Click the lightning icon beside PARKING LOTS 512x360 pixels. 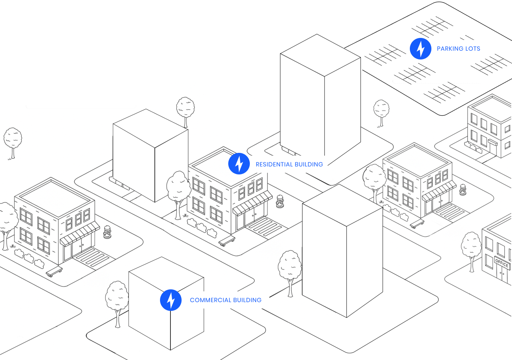click(x=421, y=49)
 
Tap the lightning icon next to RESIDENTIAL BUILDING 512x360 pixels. click(x=239, y=164)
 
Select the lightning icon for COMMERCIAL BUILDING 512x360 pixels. click(x=171, y=300)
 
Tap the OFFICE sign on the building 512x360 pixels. click(x=502, y=263)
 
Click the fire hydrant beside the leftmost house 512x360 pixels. click(x=107, y=232)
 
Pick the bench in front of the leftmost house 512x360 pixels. click(x=54, y=272)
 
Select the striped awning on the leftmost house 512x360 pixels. click(x=80, y=234)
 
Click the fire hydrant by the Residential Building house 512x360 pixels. click(x=280, y=201)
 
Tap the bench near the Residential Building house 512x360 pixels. click(x=227, y=240)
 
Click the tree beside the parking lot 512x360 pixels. click(x=381, y=111)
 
